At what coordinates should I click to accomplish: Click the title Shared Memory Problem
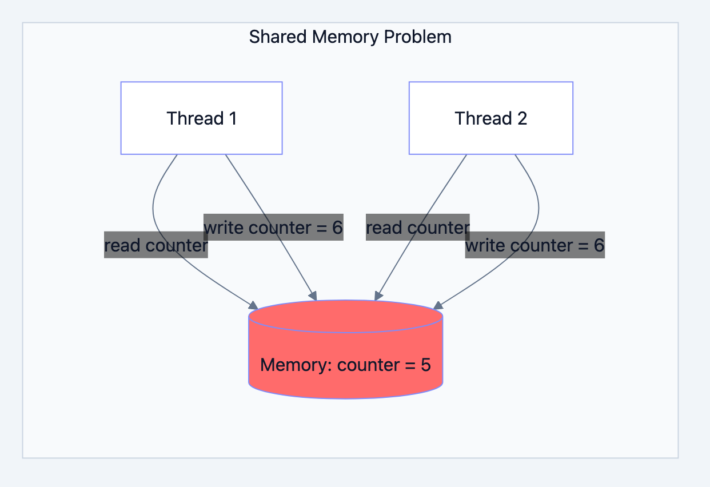[x=350, y=37]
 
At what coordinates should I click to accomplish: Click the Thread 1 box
[x=201, y=118]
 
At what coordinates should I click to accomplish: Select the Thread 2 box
[x=490, y=118]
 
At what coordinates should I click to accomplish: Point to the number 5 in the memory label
[x=425, y=365]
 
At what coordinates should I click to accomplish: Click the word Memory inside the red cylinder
[x=296, y=365]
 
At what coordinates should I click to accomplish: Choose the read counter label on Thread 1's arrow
[x=155, y=246]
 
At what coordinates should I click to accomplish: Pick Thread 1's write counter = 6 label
[x=273, y=228]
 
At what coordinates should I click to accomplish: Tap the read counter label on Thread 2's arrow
[x=417, y=228]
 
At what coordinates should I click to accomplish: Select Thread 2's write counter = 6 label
[x=535, y=246]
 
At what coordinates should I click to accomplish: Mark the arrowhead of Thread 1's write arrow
[x=313, y=296]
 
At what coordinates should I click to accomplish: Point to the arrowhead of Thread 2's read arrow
[x=377, y=296]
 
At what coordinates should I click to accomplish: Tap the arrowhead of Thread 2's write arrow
[x=437, y=304]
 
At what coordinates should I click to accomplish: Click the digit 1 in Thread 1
[x=232, y=118]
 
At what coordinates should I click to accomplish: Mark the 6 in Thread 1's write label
[x=337, y=228]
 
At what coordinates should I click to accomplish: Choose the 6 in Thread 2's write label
[x=599, y=246]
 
